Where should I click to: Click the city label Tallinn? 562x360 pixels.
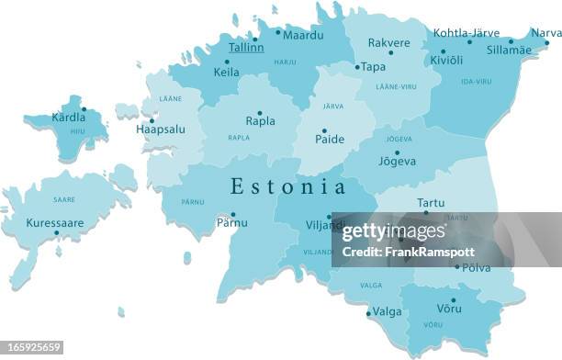point(245,48)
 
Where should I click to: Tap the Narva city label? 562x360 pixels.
point(546,33)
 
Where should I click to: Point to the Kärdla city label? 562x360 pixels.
point(68,118)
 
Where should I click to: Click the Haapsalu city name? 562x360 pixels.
point(160,129)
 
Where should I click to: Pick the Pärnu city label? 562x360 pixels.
point(231,222)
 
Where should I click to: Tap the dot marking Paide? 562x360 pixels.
point(323,130)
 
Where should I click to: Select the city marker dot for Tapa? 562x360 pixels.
point(357,67)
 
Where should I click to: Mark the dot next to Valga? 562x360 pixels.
point(368,312)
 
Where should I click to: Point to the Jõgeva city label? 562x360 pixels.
point(398,162)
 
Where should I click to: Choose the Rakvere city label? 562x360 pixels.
point(388,42)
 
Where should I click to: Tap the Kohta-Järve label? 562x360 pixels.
point(466,32)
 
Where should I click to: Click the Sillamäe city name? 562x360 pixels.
point(509,50)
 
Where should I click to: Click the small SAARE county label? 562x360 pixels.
point(63,198)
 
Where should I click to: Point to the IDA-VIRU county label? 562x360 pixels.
point(477,82)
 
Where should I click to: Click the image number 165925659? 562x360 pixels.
point(32,347)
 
